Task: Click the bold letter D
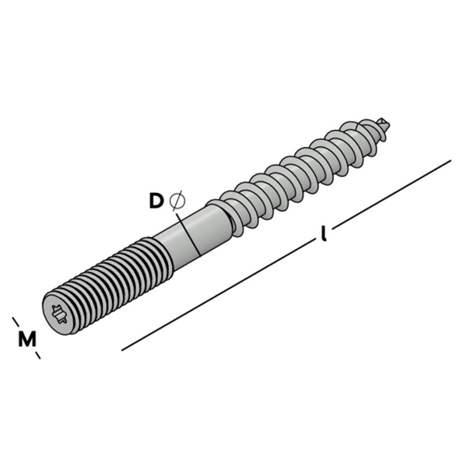click(156, 201)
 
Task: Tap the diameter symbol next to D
click(177, 201)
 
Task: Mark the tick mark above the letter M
click(15, 321)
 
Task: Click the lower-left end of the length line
click(123, 349)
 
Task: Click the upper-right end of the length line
click(450, 161)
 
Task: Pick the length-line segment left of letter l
click(218, 295)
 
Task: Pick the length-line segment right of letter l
click(389, 195)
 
